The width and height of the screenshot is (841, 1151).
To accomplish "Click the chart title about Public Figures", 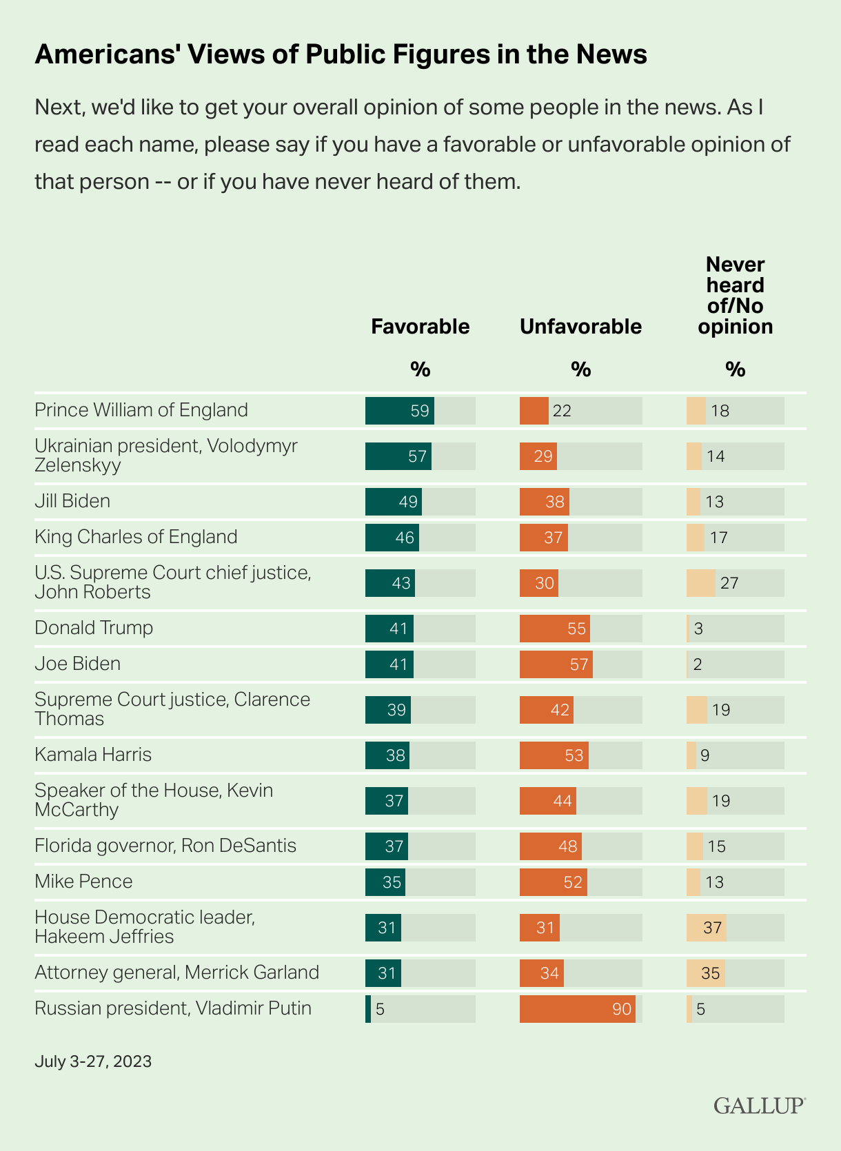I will [x=341, y=54].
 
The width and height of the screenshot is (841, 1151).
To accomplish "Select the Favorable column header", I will [x=420, y=326].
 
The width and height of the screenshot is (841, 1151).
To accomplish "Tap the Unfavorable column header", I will [x=580, y=326].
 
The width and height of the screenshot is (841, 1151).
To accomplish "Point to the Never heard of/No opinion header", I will [x=735, y=296].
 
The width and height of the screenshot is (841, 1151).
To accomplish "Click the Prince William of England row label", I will [x=141, y=410].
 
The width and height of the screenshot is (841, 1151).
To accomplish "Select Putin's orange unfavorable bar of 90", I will [x=577, y=1009].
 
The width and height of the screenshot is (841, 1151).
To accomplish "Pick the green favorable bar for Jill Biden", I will [x=393, y=502].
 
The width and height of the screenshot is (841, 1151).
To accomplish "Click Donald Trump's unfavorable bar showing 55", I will [x=554, y=629].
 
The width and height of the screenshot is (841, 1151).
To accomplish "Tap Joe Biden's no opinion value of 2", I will [x=698, y=664].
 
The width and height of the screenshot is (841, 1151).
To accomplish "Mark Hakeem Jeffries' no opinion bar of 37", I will [x=706, y=928].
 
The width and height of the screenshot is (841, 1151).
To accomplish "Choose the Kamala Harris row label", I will [x=93, y=755].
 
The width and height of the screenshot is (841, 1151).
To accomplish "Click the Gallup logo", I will [x=759, y=1106].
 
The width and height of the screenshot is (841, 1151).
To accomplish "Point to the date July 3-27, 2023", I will [x=93, y=1061].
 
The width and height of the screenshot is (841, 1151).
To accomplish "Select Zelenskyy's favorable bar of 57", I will [x=398, y=456].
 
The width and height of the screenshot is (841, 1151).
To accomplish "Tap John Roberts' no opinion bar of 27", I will [x=701, y=583].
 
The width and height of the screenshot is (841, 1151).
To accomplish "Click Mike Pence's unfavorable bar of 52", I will [x=553, y=882].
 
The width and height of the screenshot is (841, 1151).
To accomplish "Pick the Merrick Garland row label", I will [x=176, y=972].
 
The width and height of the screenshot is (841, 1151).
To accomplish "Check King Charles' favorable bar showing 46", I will [x=392, y=538].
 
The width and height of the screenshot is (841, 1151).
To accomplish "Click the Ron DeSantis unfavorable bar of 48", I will [x=550, y=846].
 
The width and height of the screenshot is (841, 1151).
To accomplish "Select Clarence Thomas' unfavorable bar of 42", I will [x=546, y=710].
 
